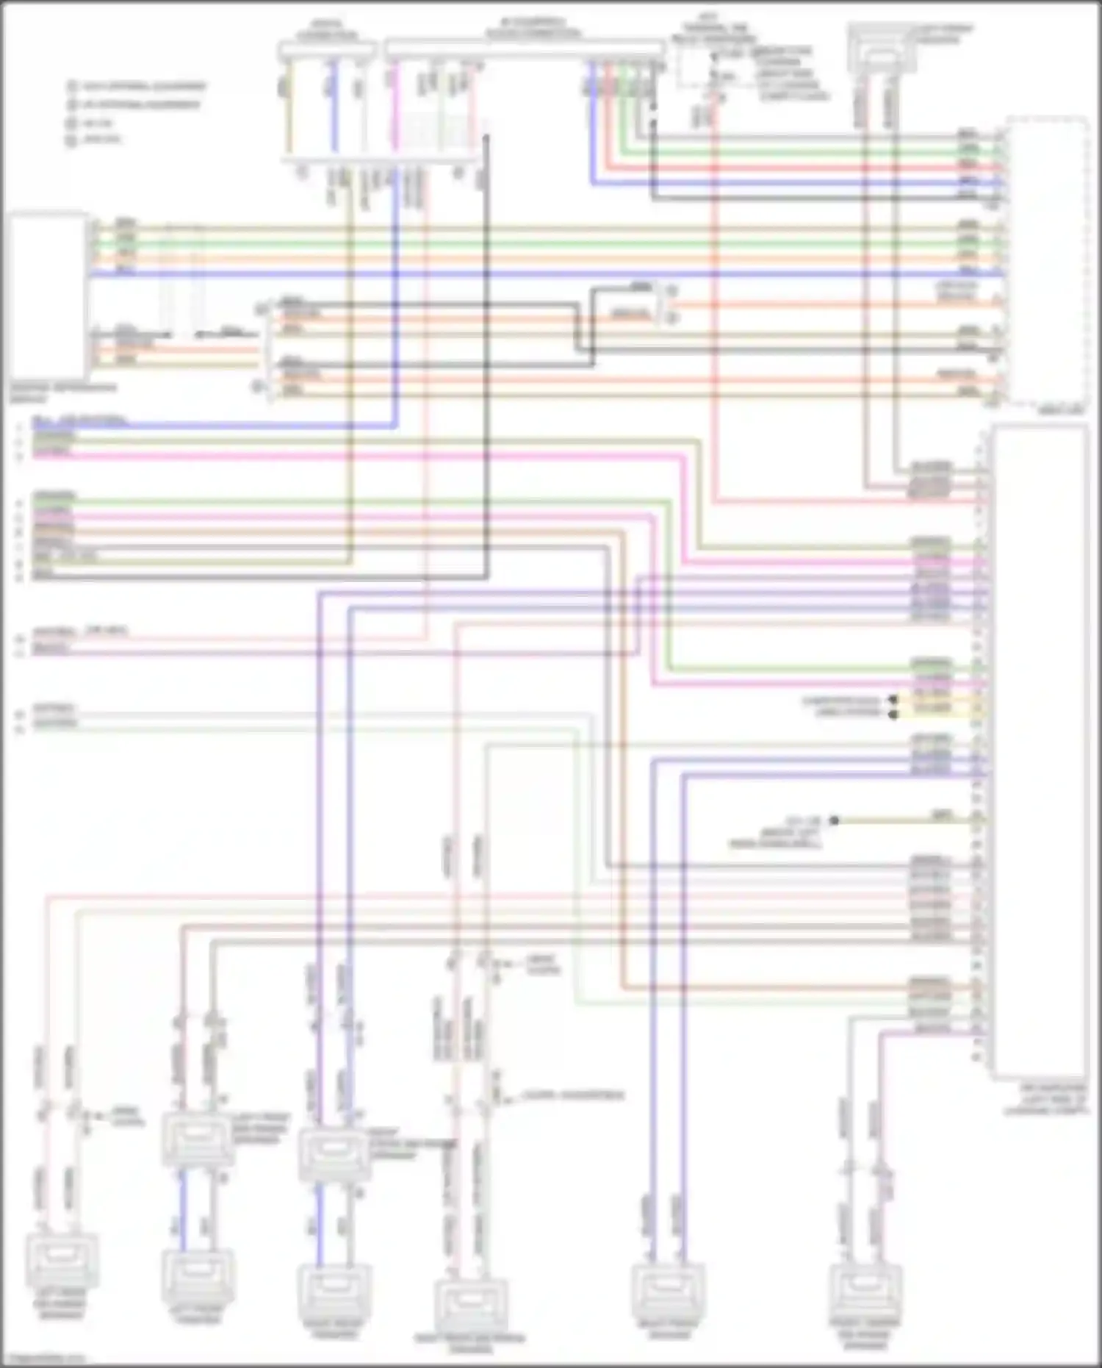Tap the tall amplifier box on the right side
pos(1039,750)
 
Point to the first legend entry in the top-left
pos(137,87)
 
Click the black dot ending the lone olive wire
pos(834,820)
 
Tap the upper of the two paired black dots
pos(893,701)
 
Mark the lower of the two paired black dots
pos(893,714)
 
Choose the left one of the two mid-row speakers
pos(198,1138)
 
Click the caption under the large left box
pos(62,393)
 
